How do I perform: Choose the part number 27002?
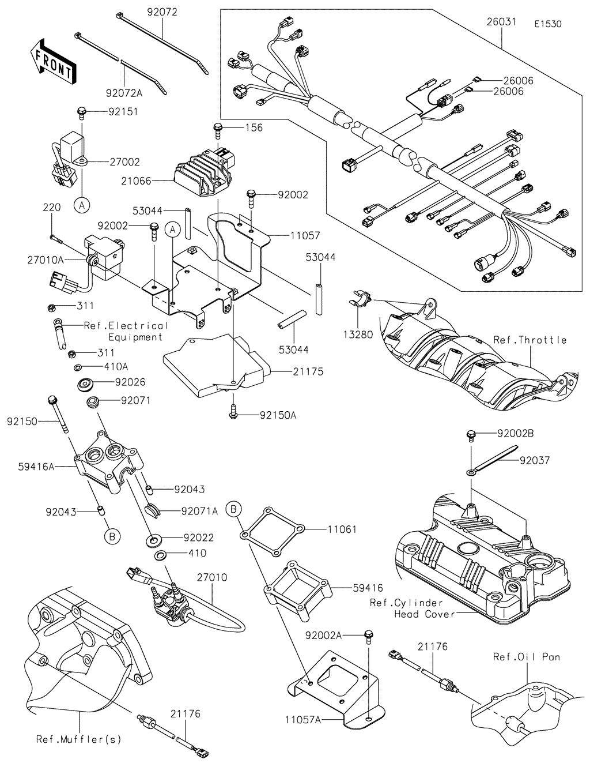[x=124, y=163]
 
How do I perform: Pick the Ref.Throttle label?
[x=530, y=340]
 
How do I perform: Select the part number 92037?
[x=535, y=460]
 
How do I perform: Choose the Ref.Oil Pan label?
[x=526, y=656]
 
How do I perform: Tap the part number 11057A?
[x=303, y=720]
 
